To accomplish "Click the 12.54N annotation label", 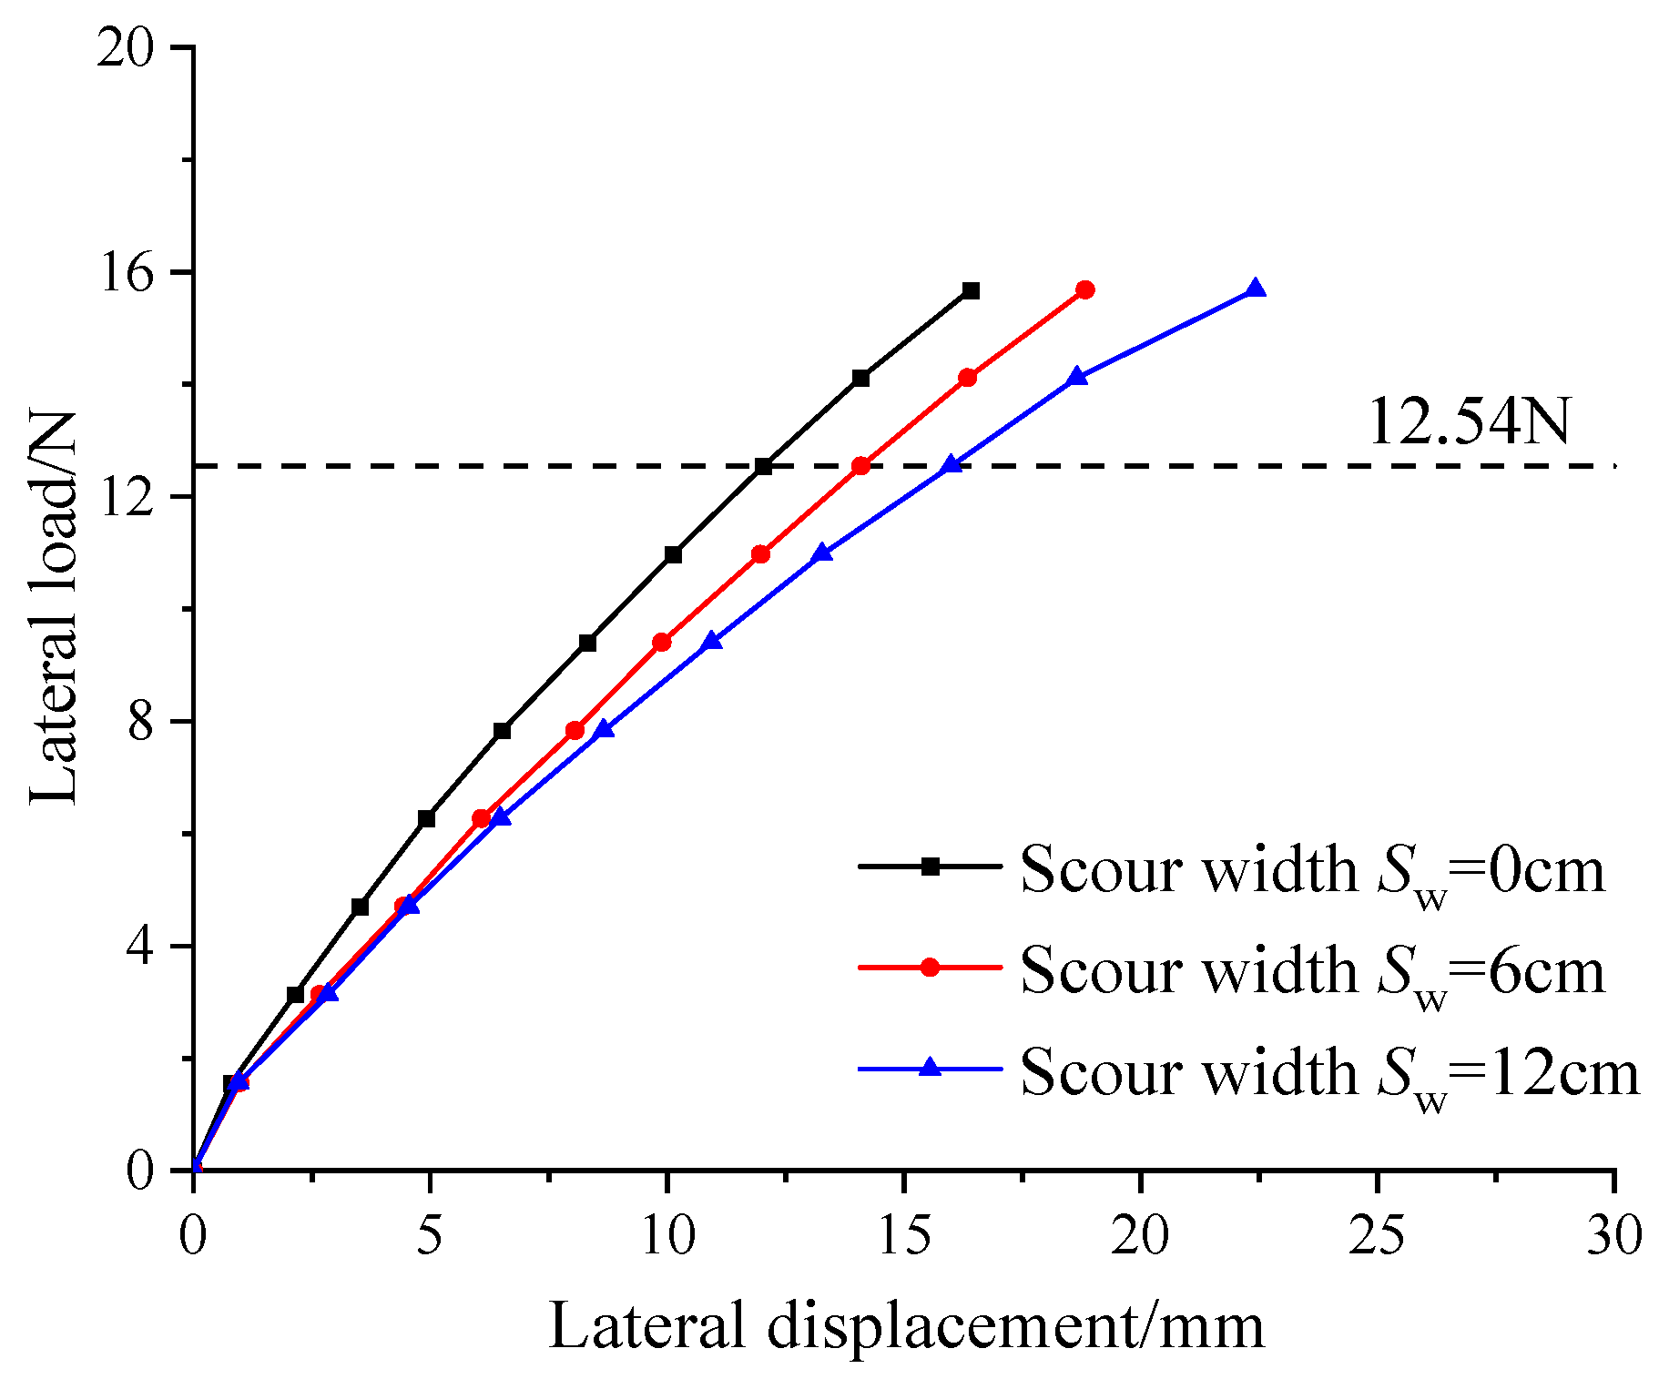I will (1468, 421).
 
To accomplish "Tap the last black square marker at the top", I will (971, 291).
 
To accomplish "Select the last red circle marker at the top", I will (1084, 290).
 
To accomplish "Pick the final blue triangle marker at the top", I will (1256, 289).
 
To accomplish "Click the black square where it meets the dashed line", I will (763, 467).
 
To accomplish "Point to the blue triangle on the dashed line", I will (952, 465).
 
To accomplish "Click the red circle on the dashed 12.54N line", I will (860, 466).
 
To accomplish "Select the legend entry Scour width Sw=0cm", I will (1311, 869).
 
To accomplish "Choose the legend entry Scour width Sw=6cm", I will (1311, 969).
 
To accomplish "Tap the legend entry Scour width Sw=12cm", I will (1329, 1071).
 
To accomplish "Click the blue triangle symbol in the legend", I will (930, 1067).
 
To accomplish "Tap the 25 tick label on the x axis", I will (1377, 1237).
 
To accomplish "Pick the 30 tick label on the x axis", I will (1613, 1237).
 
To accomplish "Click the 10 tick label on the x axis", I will (667, 1237).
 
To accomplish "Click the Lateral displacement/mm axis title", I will (906, 1326).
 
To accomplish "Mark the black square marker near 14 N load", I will (860, 379).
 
